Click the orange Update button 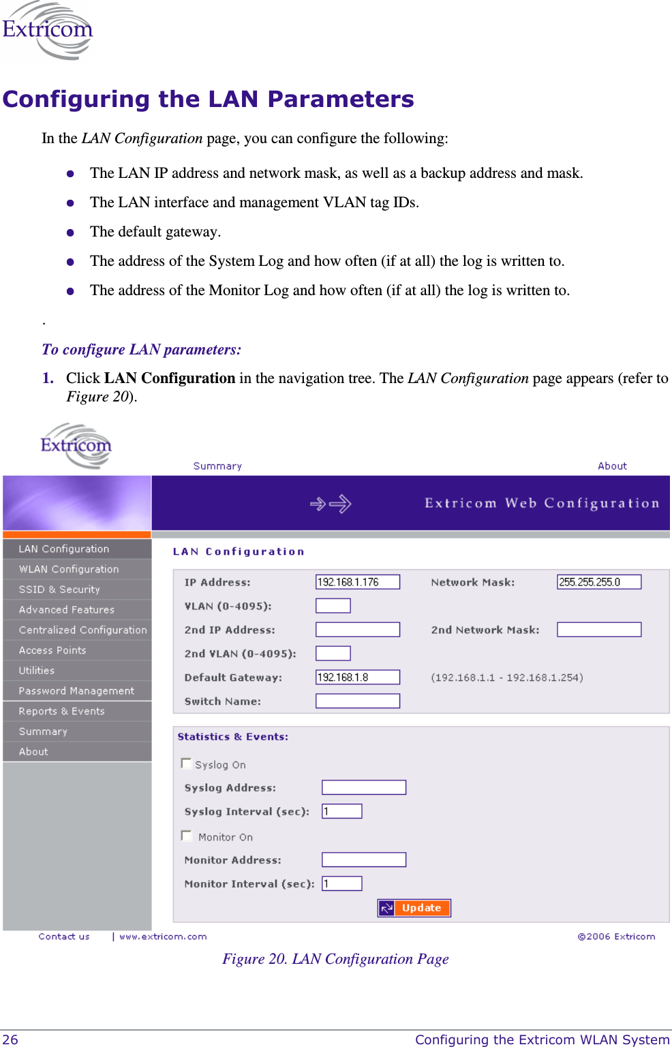pyautogui.click(x=414, y=908)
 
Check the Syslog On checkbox pyautogui.click(x=186, y=763)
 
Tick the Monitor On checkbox pyautogui.click(x=186, y=836)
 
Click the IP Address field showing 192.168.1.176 pyautogui.click(x=357, y=582)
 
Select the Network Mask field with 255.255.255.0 pyautogui.click(x=598, y=582)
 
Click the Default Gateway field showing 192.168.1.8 pyautogui.click(x=357, y=678)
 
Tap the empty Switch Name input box pyautogui.click(x=357, y=701)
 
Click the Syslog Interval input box pyautogui.click(x=341, y=811)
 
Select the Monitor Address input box pyautogui.click(x=364, y=860)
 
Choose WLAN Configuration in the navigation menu pyautogui.click(x=69, y=569)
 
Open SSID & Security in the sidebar pyautogui.click(x=59, y=590)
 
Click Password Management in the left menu pyautogui.click(x=76, y=691)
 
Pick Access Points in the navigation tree pyautogui.click(x=52, y=650)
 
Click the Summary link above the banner pyautogui.click(x=217, y=466)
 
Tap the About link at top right pyautogui.click(x=612, y=466)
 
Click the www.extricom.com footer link pyautogui.click(x=163, y=937)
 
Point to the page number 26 pyautogui.click(x=10, y=1040)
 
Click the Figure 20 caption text pyautogui.click(x=335, y=959)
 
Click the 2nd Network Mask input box pyautogui.click(x=598, y=630)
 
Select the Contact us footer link pyautogui.click(x=64, y=937)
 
